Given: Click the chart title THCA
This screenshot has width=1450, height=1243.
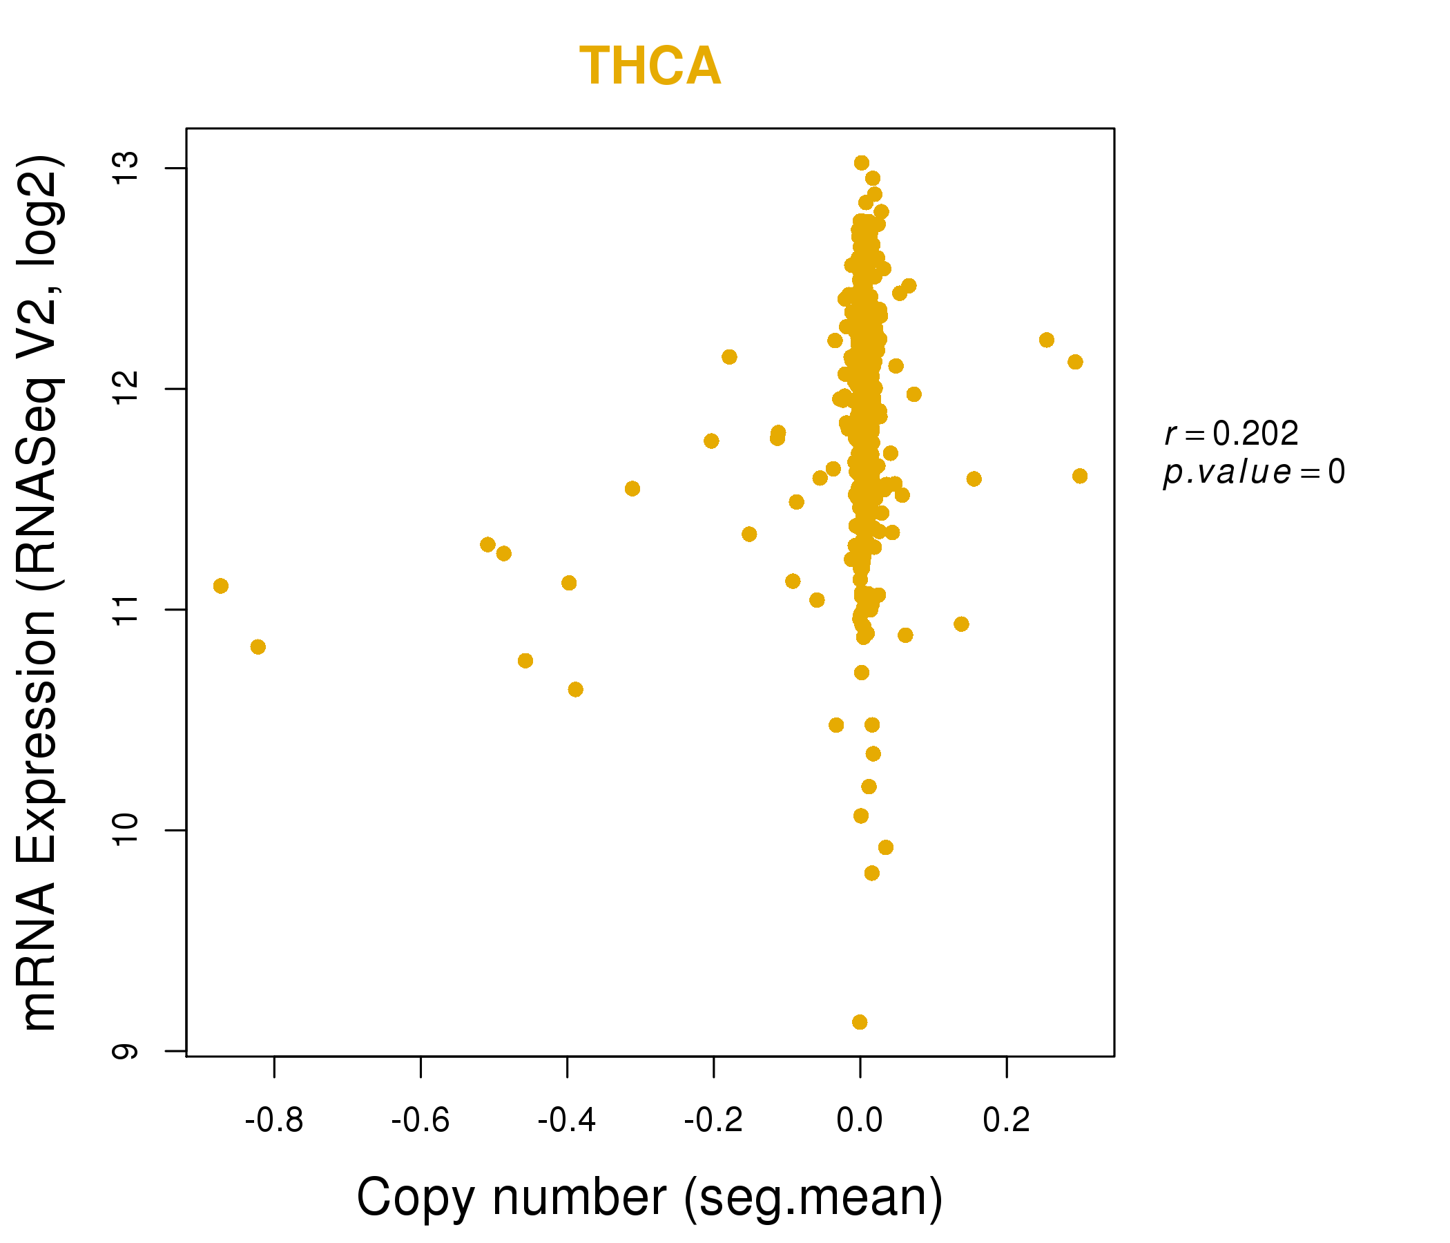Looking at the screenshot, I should (x=650, y=66).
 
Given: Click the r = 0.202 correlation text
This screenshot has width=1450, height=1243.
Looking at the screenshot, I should (x=1231, y=434).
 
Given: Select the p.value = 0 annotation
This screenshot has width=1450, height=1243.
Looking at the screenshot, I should (x=1253, y=472).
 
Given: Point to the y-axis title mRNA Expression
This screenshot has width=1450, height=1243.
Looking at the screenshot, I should (x=40, y=592).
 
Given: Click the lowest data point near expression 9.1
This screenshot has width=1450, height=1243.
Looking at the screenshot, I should (x=860, y=1022).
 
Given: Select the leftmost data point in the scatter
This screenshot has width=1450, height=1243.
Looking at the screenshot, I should (x=220, y=586).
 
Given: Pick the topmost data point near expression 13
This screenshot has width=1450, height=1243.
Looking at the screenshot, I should (x=862, y=163).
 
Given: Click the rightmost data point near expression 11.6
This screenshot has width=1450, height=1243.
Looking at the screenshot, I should (x=1080, y=476).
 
